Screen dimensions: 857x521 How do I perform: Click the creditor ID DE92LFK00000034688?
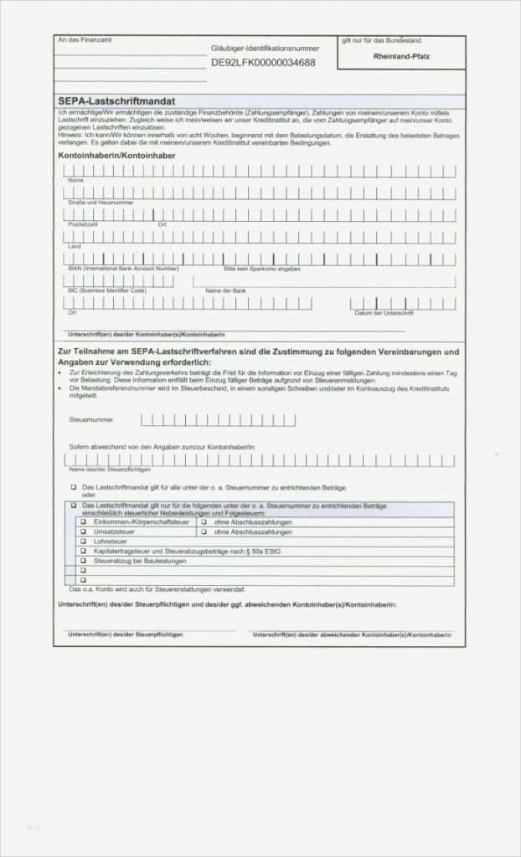(263, 62)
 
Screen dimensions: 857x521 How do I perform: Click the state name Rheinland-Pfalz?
(401, 56)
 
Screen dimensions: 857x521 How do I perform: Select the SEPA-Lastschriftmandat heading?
(116, 100)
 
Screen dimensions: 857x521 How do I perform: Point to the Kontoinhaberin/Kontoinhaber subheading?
(116, 156)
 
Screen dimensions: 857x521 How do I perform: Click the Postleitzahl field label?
(83, 224)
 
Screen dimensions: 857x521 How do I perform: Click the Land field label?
(74, 247)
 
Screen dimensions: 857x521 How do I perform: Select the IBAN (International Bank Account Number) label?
(123, 269)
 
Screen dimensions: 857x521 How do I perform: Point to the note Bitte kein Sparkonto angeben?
(262, 269)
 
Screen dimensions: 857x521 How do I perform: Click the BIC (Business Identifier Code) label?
(107, 290)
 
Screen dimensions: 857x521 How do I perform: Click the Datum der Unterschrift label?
(384, 312)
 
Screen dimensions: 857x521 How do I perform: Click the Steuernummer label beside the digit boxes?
(91, 419)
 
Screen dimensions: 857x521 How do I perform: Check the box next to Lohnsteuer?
(83, 541)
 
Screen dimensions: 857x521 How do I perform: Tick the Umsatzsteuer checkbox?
(83, 531)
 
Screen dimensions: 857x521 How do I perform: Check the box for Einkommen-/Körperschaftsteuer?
(83, 521)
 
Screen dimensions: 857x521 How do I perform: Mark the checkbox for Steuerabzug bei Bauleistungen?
(83, 562)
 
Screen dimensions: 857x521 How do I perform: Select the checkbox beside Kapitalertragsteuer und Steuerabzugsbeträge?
(83, 552)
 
